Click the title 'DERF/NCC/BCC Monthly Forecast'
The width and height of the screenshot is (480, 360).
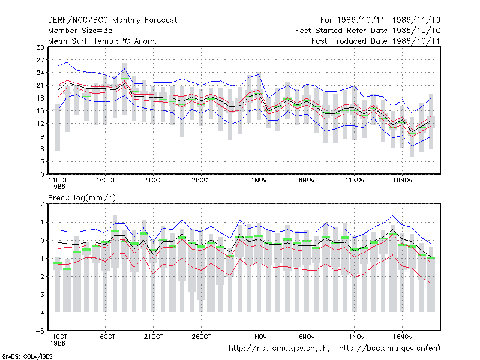112,20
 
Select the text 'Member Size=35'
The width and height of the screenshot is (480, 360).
80,31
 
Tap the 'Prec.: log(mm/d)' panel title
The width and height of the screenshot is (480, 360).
82,198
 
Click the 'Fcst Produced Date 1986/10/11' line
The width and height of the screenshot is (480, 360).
376,41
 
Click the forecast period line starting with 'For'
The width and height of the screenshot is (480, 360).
380,20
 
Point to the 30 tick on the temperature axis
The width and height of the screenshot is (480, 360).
40,47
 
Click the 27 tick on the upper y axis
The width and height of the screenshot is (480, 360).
40,60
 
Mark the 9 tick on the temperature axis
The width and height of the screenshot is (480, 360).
42,136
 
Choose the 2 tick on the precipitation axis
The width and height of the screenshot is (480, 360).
42,204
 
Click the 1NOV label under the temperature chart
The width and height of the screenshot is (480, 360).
259,181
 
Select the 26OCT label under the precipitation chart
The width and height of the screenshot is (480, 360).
201,337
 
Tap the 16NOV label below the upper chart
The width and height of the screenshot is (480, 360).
403,181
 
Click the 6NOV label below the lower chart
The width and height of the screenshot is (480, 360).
307,337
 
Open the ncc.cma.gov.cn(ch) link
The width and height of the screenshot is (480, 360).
280,349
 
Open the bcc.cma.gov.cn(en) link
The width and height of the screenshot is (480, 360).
389,349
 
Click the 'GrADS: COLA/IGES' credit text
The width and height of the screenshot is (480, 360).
27,356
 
